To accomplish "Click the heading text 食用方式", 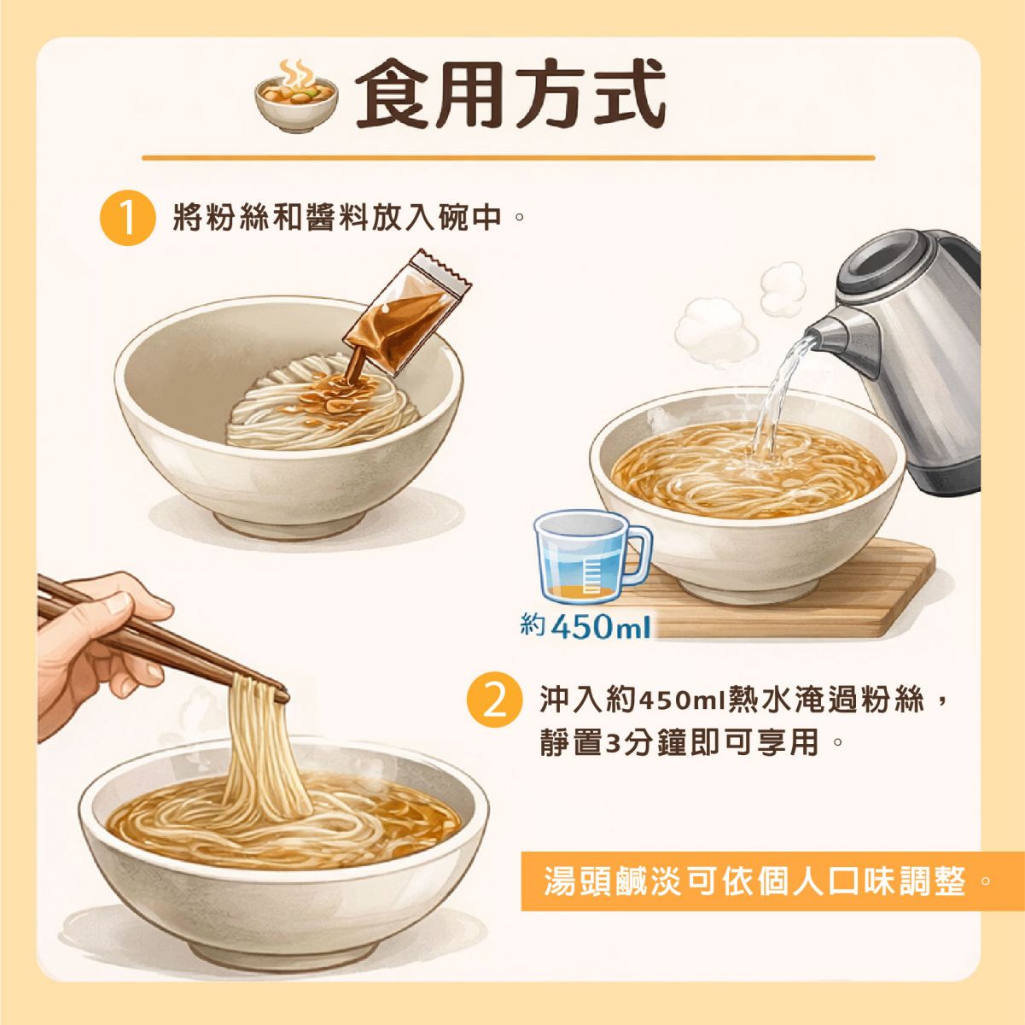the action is [x=510, y=94].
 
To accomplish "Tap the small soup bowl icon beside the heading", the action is [x=296, y=97].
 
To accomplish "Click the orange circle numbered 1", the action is [x=128, y=218].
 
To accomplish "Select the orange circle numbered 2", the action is [x=493, y=702].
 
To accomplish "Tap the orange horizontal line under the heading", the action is [x=508, y=158].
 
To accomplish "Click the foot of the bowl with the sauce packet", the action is [x=290, y=524].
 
